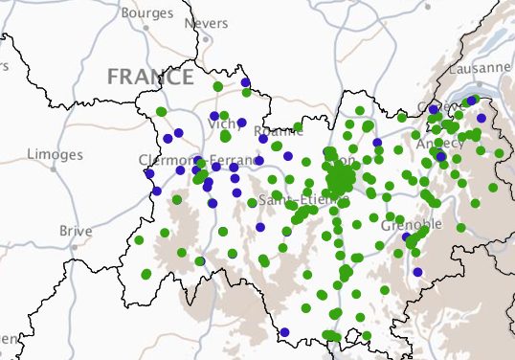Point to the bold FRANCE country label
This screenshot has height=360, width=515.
pyautogui.click(x=151, y=77)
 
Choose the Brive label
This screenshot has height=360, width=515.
pyautogui.click(x=76, y=231)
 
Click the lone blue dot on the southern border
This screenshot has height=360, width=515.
pyautogui.click(x=284, y=332)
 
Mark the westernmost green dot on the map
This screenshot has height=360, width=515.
pyautogui.click(x=139, y=240)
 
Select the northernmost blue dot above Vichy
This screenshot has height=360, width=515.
pyautogui.click(x=246, y=82)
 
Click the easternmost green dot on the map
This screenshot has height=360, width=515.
pyautogui.click(x=499, y=152)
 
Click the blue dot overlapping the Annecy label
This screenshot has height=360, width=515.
pyautogui.click(x=439, y=153)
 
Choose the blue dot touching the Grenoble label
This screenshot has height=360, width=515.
pyautogui.click(x=406, y=236)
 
